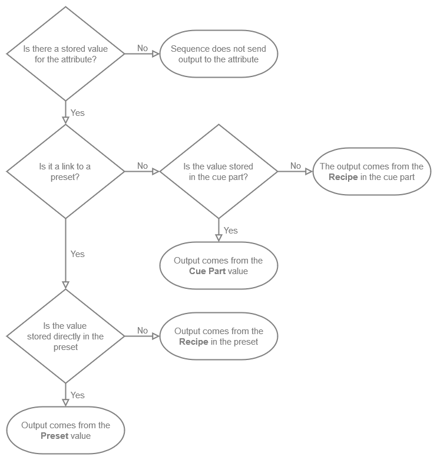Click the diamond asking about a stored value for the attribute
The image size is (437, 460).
(x=65, y=54)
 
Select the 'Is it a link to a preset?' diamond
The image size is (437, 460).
(x=65, y=171)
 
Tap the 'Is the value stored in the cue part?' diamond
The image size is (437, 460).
(x=218, y=171)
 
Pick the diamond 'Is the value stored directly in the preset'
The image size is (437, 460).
(x=65, y=336)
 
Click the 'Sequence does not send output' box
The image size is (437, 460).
(x=218, y=54)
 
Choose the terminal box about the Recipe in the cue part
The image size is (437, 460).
(x=372, y=171)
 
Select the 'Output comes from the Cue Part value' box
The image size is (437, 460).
(x=218, y=265)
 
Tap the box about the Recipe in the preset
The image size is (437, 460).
(x=218, y=336)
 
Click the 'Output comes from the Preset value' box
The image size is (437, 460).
(x=65, y=430)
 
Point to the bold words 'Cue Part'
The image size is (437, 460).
(x=206, y=271)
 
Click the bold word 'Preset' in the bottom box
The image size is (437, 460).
(x=55, y=436)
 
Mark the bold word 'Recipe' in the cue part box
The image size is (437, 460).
(x=343, y=177)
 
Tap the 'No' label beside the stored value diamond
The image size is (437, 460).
(x=143, y=48)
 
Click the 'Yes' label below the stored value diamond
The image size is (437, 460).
(x=78, y=112)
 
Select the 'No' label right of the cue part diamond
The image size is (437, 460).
(x=296, y=166)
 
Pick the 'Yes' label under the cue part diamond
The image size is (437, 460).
(x=231, y=230)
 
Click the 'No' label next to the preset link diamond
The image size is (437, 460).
(x=143, y=166)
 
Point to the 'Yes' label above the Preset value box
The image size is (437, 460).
(x=78, y=395)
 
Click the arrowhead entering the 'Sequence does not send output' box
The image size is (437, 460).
(x=156, y=54)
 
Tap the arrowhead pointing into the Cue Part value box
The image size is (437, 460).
(x=218, y=238)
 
